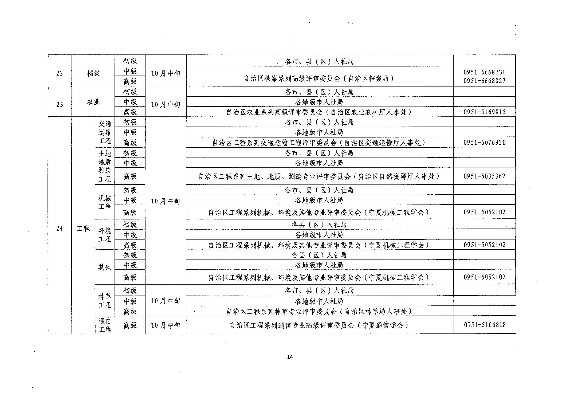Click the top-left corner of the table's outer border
click(x=48, y=55)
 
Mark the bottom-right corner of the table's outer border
click(x=516, y=334)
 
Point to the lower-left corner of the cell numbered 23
click(x=48, y=116)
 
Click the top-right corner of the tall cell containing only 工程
click(x=95, y=117)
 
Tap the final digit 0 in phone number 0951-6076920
click(x=504, y=143)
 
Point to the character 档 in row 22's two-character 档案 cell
click(x=90, y=73)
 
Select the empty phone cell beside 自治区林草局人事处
click(x=485, y=311)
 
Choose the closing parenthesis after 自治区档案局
click(x=391, y=78)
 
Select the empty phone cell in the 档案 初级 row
click(x=484, y=61)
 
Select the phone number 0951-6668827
click(x=484, y=81)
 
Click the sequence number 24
click(x=60, y=228)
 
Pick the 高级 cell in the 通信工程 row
click(x=130, y=325)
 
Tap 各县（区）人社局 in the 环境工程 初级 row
click(x=319, y=225)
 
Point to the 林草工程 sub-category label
click(x=105, y=301)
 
